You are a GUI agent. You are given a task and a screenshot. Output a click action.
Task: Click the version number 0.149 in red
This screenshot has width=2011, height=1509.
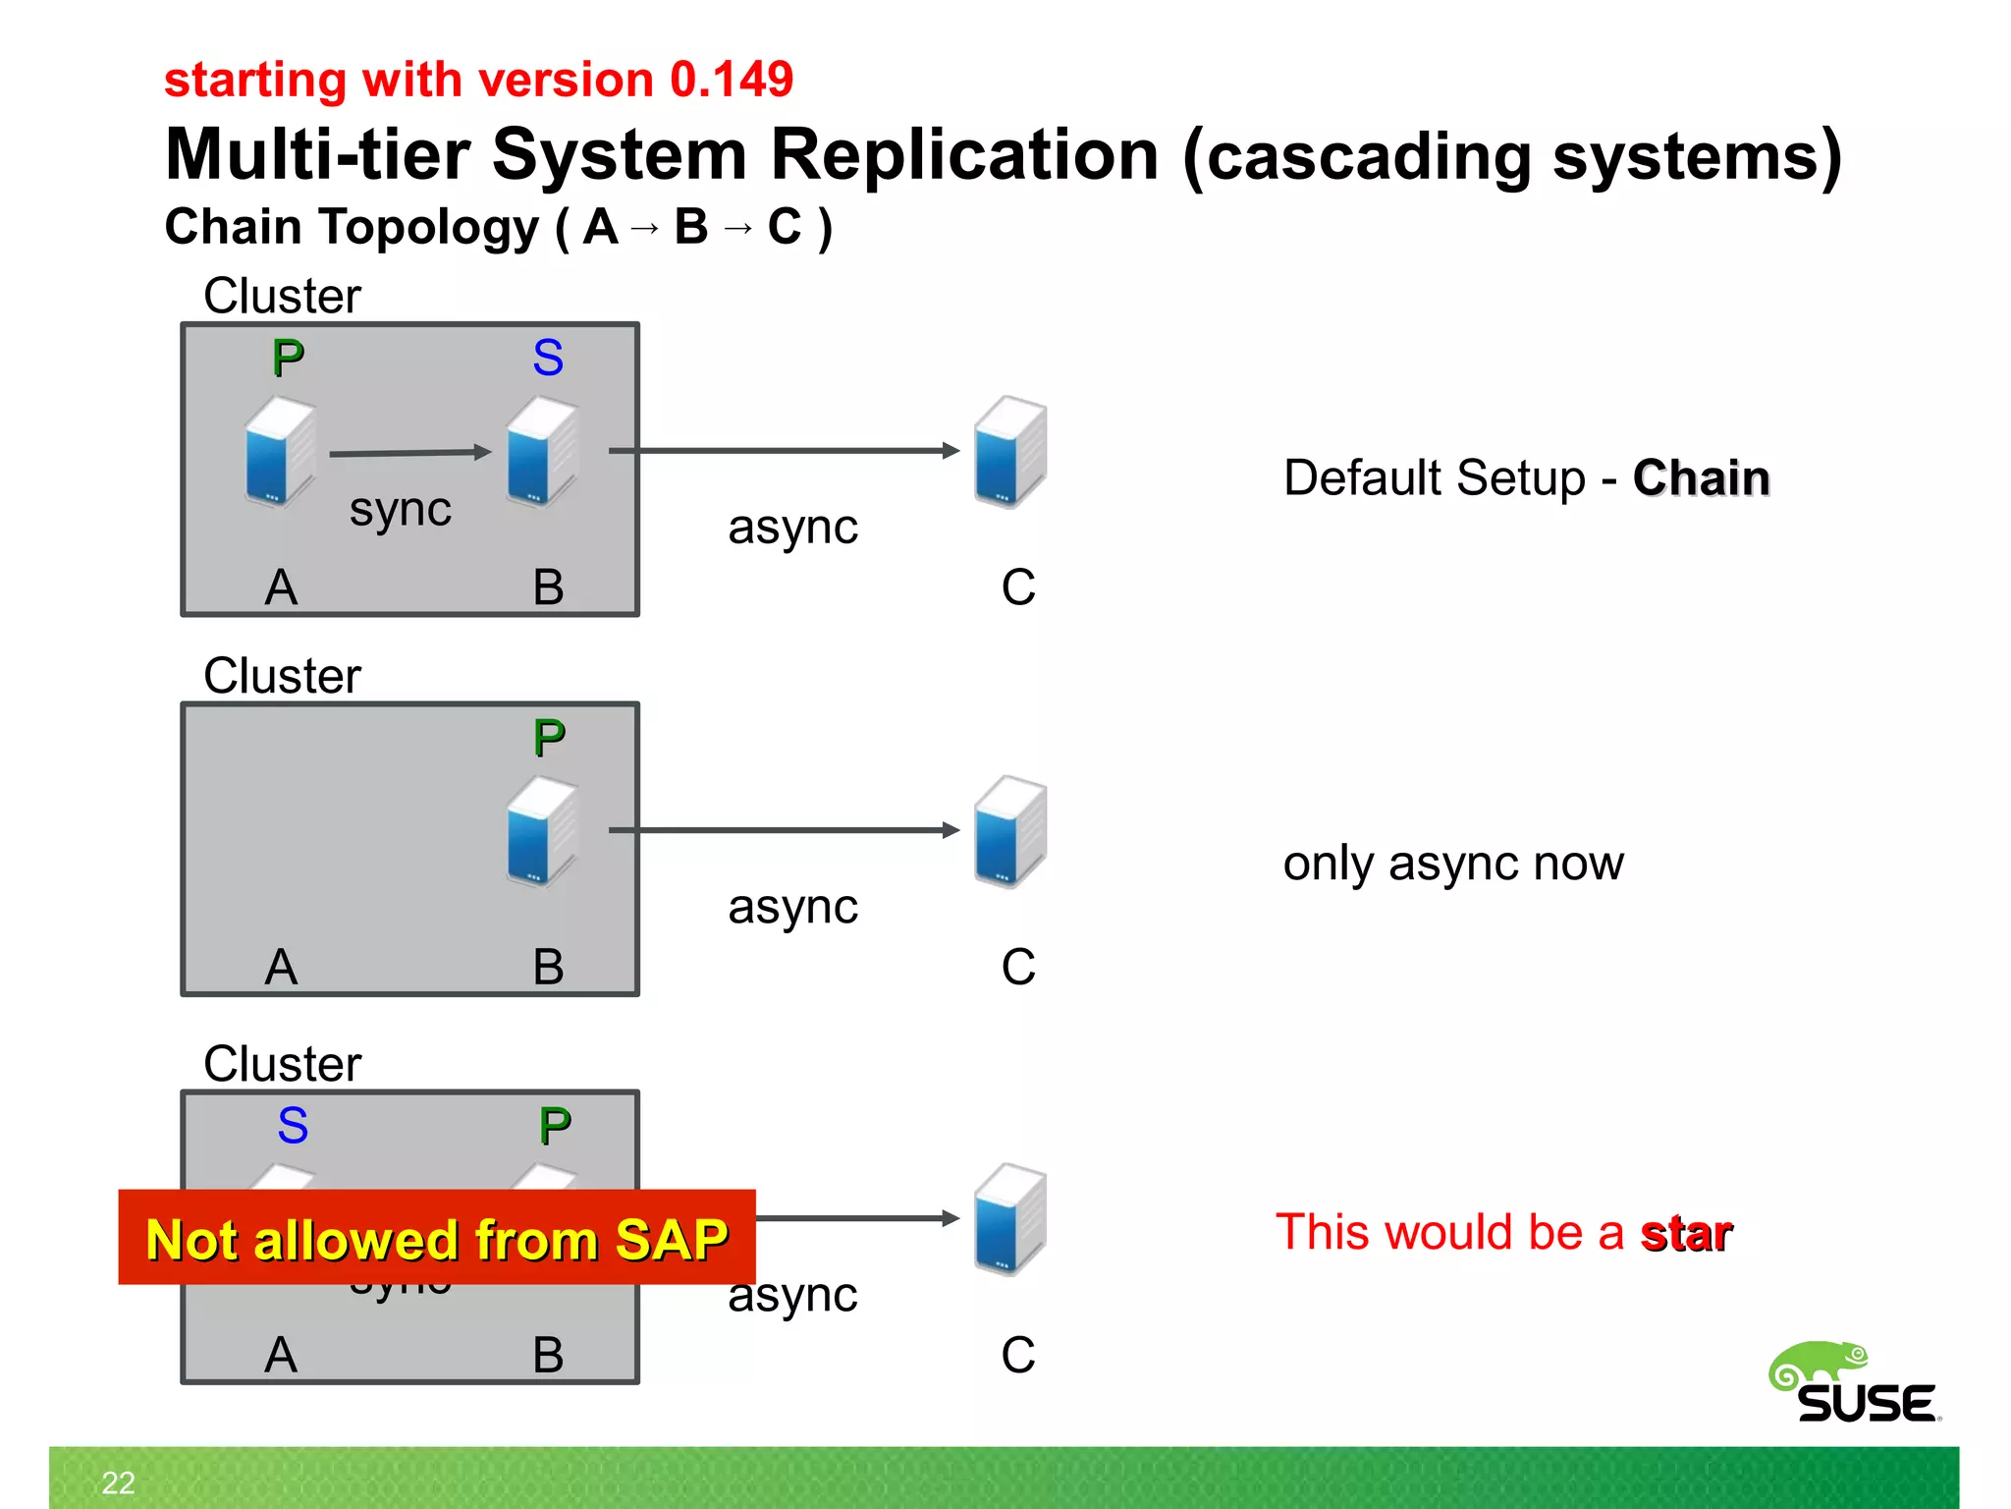click(731, 80)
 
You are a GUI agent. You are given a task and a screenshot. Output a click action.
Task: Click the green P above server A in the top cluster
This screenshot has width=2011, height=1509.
click(288, 358)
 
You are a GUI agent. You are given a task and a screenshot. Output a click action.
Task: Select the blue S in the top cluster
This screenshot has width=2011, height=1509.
click(548, 358)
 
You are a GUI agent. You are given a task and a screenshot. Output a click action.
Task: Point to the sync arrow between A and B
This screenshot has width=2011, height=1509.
click(409, 453)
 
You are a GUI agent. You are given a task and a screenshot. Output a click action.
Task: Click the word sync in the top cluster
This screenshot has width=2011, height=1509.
click(401, 510)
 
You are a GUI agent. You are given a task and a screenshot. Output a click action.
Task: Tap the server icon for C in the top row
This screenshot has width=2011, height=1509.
click(1009, 452)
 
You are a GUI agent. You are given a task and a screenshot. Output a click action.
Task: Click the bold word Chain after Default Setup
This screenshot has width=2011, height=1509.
click(1701, 478)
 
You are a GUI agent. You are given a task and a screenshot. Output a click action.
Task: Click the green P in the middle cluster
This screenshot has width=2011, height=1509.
click(549, 738)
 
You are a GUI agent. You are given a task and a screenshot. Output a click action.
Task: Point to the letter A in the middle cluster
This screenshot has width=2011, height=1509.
click(281, 967)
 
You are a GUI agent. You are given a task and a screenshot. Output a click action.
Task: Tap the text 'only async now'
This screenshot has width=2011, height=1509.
click(1453, 864)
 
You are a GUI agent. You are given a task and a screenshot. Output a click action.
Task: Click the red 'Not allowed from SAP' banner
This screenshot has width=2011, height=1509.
click(437, 1238)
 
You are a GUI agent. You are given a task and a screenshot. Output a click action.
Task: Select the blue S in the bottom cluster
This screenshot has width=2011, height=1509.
click(293, 1126)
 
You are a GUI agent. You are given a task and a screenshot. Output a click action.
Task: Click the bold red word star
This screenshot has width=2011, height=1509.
click(1686, 1233)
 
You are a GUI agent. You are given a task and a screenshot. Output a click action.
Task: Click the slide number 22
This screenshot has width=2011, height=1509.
click(119, 1482)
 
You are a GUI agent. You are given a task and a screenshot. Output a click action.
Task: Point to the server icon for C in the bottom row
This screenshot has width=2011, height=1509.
click(1009, 1219)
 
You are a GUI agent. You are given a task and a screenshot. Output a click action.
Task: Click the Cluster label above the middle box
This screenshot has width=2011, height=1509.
click(283, 676)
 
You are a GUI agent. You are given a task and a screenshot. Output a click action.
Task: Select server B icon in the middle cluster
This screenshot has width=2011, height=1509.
click(541, 831)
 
